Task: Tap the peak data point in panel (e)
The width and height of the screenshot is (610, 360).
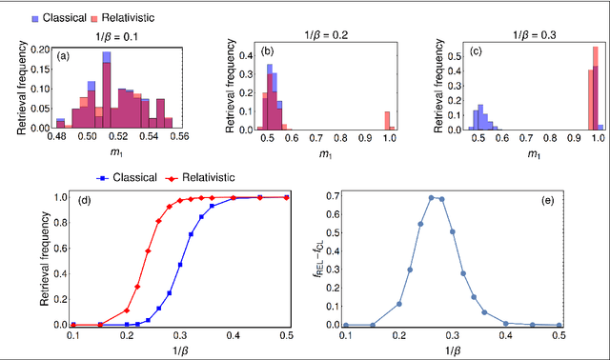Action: pyautogui.click(x=432, y=197)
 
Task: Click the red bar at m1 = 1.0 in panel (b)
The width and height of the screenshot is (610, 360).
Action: pyautogui.click(x=387, y=120)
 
